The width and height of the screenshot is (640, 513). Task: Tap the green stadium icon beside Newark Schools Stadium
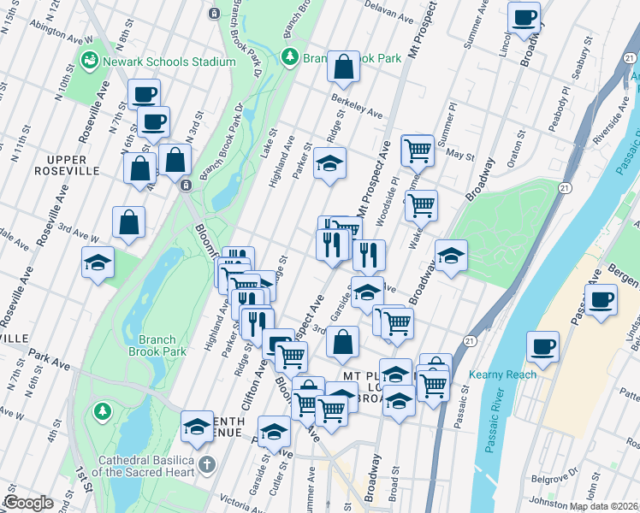89,61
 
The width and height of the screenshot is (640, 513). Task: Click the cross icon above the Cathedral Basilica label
205,466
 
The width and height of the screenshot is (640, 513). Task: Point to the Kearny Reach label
502,374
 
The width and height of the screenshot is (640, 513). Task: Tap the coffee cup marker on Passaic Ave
601,299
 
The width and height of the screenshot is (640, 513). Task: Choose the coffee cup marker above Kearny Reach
542,347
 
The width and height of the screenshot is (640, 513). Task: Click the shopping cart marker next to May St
417,150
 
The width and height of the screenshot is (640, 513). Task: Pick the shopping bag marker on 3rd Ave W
127,222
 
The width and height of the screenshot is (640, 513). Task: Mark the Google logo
28,503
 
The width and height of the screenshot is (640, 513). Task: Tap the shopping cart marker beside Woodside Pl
421,205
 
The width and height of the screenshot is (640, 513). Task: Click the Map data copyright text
603,506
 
